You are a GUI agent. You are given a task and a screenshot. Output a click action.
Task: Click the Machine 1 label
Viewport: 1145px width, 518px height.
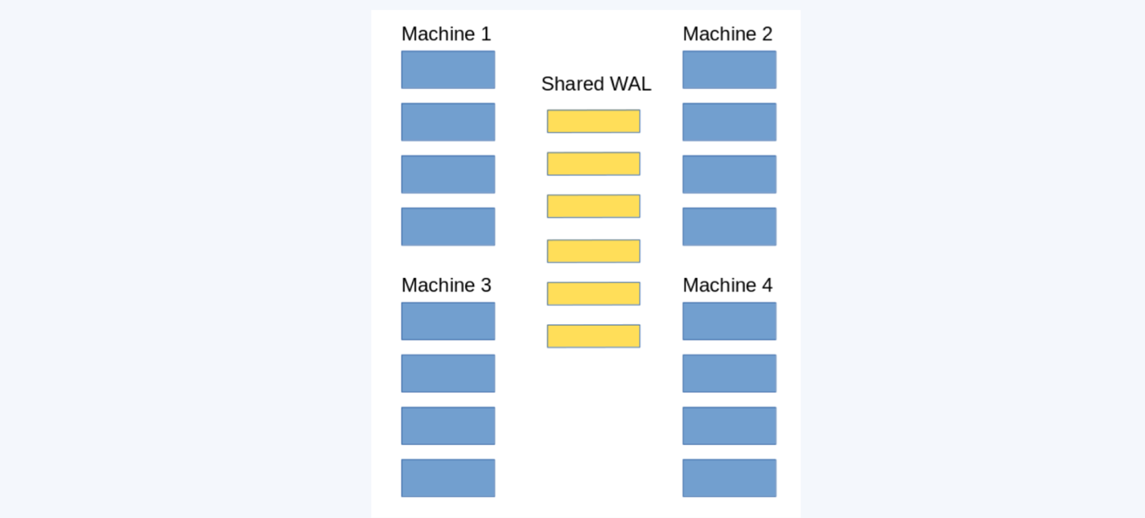pyautogui.click(x=446, y=34)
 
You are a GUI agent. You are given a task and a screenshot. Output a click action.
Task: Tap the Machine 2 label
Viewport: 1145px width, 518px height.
pyautogui.click(x=728, y=34)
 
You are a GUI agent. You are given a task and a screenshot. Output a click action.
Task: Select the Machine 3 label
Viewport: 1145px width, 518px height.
pyautogui.click(x=446, y=285)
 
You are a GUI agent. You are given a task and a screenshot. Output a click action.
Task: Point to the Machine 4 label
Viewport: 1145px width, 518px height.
pyautogui.click(x=728, y=285)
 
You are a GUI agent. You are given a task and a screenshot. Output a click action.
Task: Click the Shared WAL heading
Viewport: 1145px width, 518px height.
pyautogui.click(x=596, y=84)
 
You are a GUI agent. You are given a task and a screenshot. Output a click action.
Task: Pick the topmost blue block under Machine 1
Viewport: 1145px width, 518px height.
pyautogui.click(x=448, y=69)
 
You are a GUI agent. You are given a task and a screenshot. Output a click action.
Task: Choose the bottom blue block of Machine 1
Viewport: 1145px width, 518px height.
pyautogui.click(x=448, y=226)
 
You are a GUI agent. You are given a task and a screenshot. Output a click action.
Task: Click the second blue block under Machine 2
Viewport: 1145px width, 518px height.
pyautogui.click(x=730, y=122)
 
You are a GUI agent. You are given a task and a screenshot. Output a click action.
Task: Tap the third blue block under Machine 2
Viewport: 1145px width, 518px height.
pyautogui.click(x=730, y=174)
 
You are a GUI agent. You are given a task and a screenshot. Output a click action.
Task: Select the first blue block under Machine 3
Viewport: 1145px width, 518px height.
pyautogui.click(x=448, y=321)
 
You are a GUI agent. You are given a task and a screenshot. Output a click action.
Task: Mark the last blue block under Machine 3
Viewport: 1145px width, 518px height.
pyautogui.click(x=448, y=478)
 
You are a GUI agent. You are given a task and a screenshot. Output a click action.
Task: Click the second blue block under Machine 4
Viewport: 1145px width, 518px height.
pyautogui.click(x=730, y=373)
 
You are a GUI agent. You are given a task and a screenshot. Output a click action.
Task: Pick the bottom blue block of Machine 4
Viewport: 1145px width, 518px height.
pyautogui.click(x=730, y=478)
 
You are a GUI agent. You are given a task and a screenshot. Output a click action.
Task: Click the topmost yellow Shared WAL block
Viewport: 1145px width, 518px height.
pyautogui.click(x=594, y=121)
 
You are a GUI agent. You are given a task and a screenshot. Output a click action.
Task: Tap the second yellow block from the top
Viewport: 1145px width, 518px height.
pyautogui.click(x=594, y=164)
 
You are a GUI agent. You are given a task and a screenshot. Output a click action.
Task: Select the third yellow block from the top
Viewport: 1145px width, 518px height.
pyautogui.click(x=594, y=206)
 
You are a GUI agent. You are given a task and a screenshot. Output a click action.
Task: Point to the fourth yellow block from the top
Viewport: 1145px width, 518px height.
pyautogui.click(x=594, y=251)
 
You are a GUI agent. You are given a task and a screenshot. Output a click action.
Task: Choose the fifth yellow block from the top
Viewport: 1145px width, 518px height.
pyautogui.click(x=594, y=294)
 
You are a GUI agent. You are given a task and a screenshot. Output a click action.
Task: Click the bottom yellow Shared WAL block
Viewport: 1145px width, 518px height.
pyautogui.click(x=594, y=336)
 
